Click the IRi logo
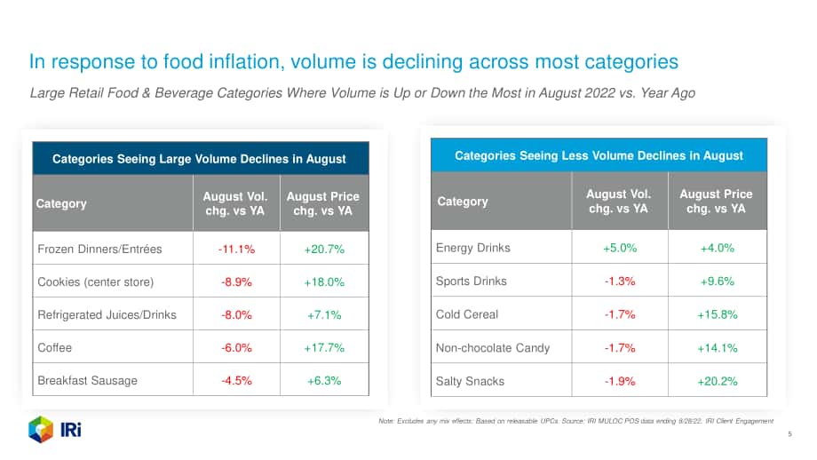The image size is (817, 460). click(x=55, y=429)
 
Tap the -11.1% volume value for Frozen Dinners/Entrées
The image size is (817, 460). click(x=236, y=249)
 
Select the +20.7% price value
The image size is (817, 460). click(x=324, y=249)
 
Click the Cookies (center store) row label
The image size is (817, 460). click(x=96, y=282)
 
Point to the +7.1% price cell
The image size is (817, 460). click(x=324, y=314)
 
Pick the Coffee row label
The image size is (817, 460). click(x=55, y=347)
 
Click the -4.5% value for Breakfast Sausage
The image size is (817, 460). click(x=236, y=380)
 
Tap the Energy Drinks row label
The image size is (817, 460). click(x=473, y=248)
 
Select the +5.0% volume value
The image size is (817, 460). click(x=620, y=248)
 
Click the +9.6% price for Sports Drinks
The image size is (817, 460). click(x=718, y=282)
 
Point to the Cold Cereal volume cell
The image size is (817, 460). click(x=620, y=314)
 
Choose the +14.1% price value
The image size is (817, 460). click(x=718, y=348)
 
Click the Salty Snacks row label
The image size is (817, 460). click(x=470, y=381)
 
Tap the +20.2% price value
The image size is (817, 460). click(x=718, y=381)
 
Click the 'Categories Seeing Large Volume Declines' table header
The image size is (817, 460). click(x=199, y=159)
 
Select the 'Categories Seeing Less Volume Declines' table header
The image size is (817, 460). click(x=599, y=155)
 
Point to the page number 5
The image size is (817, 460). click(x=789, y=434)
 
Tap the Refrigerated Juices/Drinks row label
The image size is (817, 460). click(x=107, y=314)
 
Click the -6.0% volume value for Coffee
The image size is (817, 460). click(x=236, y=347)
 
